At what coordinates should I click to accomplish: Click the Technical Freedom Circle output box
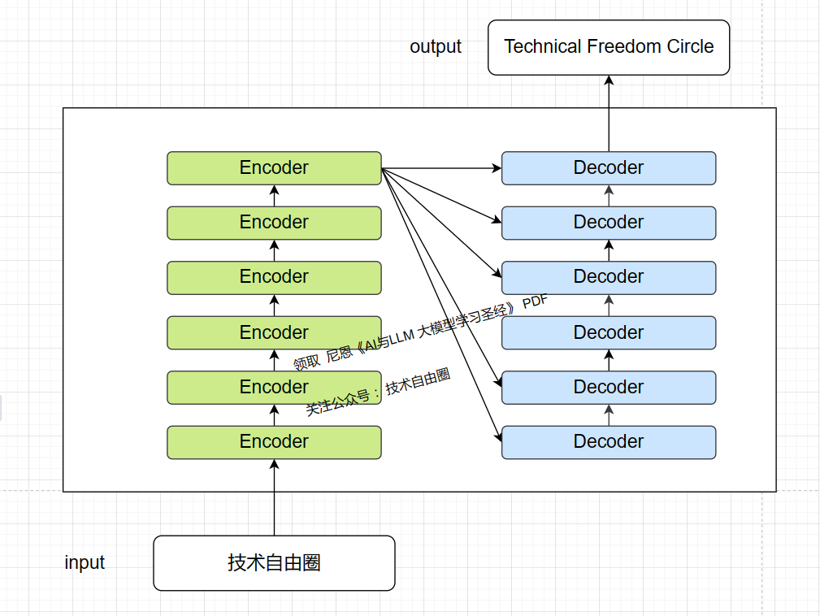tap(609, 47)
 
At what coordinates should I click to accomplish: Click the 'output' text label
tap(436, 47)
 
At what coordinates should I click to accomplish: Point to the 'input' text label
tap(85, 562)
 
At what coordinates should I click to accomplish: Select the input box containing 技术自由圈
tap(274, 562)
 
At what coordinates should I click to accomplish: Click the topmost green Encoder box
tap(274, 168)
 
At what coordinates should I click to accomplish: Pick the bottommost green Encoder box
tap(274, 442)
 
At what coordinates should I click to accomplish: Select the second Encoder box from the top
tap(274, 223)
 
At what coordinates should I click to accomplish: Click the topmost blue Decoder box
tap(609, 168)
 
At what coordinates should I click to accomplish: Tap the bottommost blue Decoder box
tap(609, 442)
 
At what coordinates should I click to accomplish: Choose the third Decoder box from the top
tap(609, 277)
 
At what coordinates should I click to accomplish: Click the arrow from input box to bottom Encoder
tap(274, 497)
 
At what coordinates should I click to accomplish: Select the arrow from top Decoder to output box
tap(609, 114)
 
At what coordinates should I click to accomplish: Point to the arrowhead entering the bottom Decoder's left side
tap(497, 439)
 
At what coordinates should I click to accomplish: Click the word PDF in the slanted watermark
tap(535, 302)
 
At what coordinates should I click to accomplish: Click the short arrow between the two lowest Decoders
tap(609, 414)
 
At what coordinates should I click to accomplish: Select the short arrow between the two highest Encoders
tap(274, 196)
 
